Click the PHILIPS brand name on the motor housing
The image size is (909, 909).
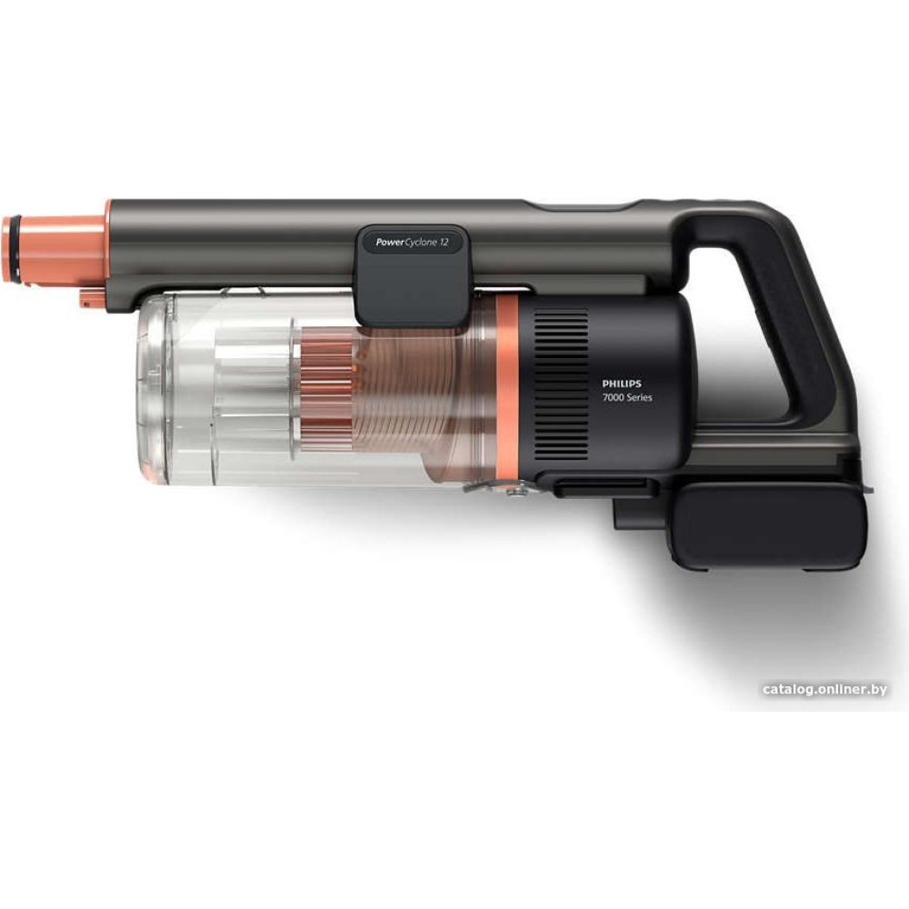click(x=622, y=384)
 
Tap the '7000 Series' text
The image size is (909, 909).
click(x=626, y=398)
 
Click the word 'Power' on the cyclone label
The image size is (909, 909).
click(x=389, y=243)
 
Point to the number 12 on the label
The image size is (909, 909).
click(x=444, y=243)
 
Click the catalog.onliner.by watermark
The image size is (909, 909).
click(x=825, y=689)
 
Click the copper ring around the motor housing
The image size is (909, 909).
click(x=506, y=388)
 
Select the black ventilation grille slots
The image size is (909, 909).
click(x=561, y=384)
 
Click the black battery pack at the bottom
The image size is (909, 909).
click(x=772, y=526)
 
